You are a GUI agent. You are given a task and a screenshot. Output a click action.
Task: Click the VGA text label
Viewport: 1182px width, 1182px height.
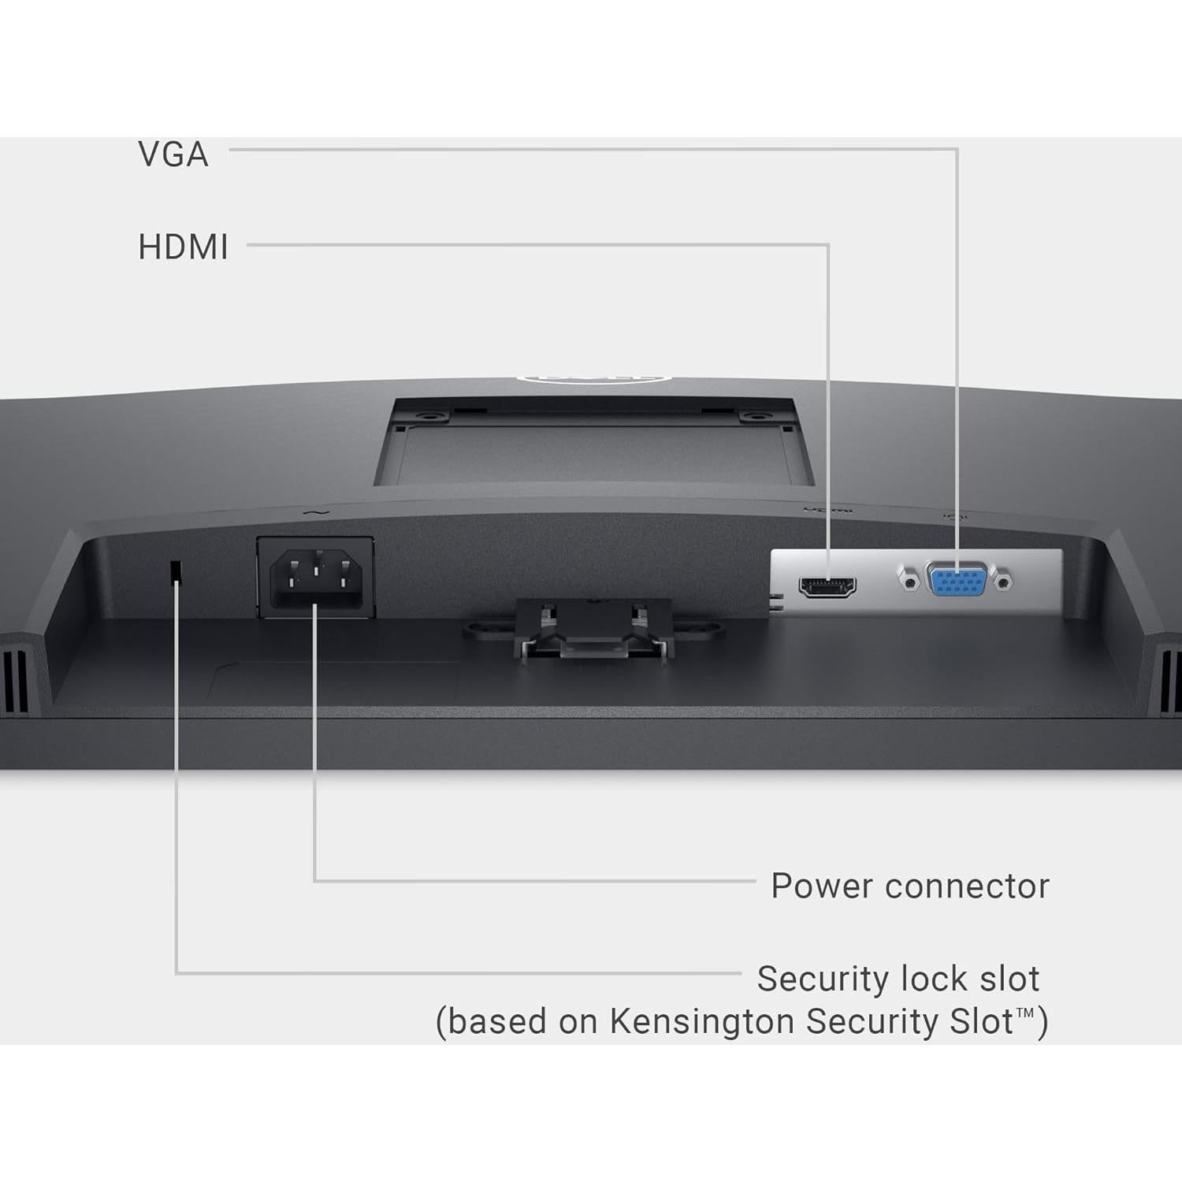coord(173,154)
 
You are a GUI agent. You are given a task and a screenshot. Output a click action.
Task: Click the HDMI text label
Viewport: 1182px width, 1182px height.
coord(183,247)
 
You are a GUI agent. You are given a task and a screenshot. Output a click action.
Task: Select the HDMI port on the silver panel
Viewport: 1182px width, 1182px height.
coord(827,587)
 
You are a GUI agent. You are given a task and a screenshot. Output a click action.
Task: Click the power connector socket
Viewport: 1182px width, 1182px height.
coord(316,576)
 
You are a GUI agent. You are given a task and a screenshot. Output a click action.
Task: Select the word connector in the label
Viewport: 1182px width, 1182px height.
coord(968,886)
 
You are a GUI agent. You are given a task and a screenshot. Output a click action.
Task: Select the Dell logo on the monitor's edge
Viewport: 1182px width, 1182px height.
coord(593,379)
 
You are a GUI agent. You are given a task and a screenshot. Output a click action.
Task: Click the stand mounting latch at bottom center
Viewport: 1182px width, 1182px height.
coord(593,630)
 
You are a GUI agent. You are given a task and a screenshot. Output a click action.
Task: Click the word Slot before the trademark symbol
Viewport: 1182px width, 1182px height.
coord(981,1021)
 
